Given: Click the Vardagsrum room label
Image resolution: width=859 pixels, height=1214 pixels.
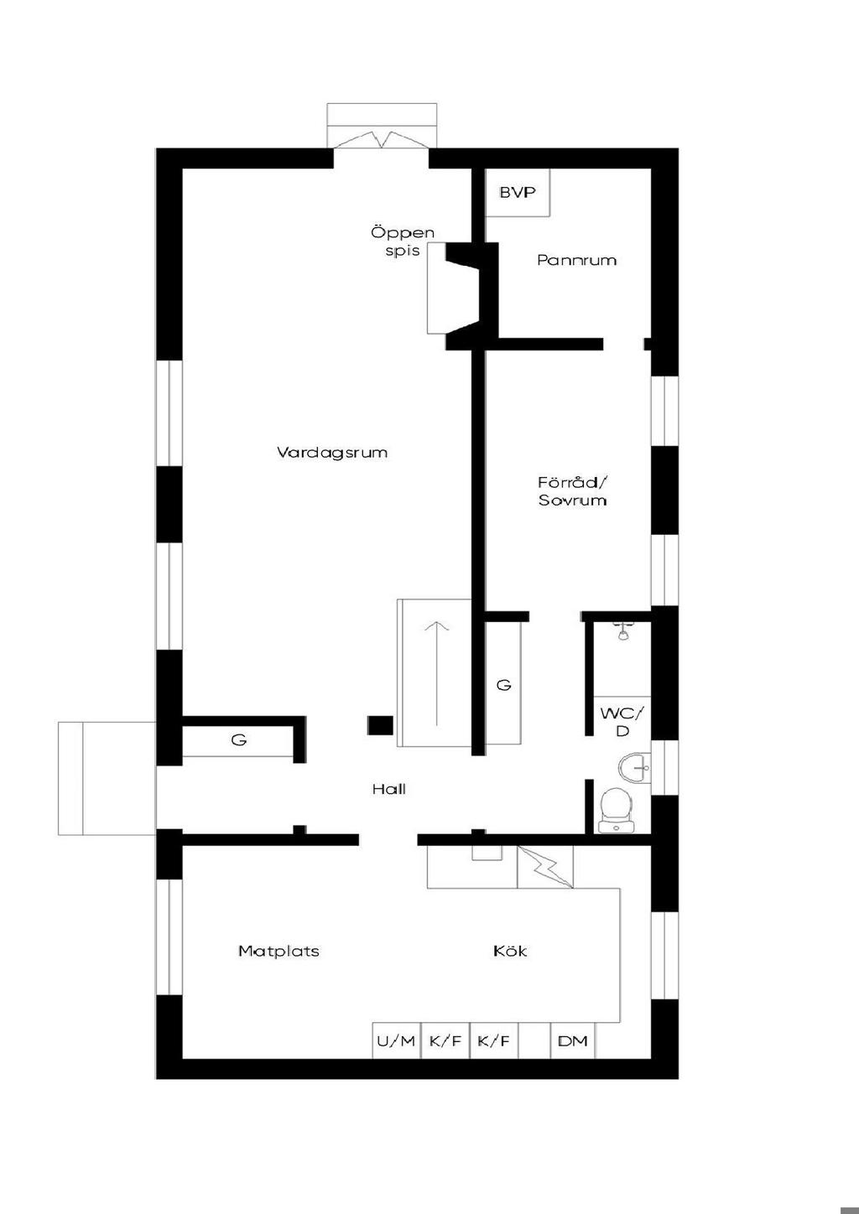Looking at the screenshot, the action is pos(332,453).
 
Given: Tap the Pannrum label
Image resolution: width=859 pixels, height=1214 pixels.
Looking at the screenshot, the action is pos(576,260).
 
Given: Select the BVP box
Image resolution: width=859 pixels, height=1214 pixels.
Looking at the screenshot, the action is pos(518,192).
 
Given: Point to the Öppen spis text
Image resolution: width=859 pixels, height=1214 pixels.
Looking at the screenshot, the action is pos(403,241).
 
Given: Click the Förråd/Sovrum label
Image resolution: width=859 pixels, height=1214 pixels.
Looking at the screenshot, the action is pos(573,491).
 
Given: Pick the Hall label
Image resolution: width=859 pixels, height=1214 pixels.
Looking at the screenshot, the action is pos(389,789).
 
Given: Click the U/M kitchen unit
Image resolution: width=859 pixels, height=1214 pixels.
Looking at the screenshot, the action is pos(397,1040).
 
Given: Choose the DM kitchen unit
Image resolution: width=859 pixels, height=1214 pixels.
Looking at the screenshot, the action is pos(573,1040).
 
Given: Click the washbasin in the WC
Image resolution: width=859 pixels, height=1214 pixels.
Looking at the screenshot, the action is pos(635,767).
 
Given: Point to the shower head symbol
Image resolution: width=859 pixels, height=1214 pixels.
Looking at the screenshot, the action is pos(623,631).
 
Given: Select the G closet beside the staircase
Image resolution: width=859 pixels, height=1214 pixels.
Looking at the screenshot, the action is pos(503,684).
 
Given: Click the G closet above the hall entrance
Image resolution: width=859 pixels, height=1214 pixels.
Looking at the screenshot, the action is pos(238,739).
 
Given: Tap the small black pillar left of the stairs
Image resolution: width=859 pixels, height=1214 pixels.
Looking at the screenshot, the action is pos(381,726).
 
